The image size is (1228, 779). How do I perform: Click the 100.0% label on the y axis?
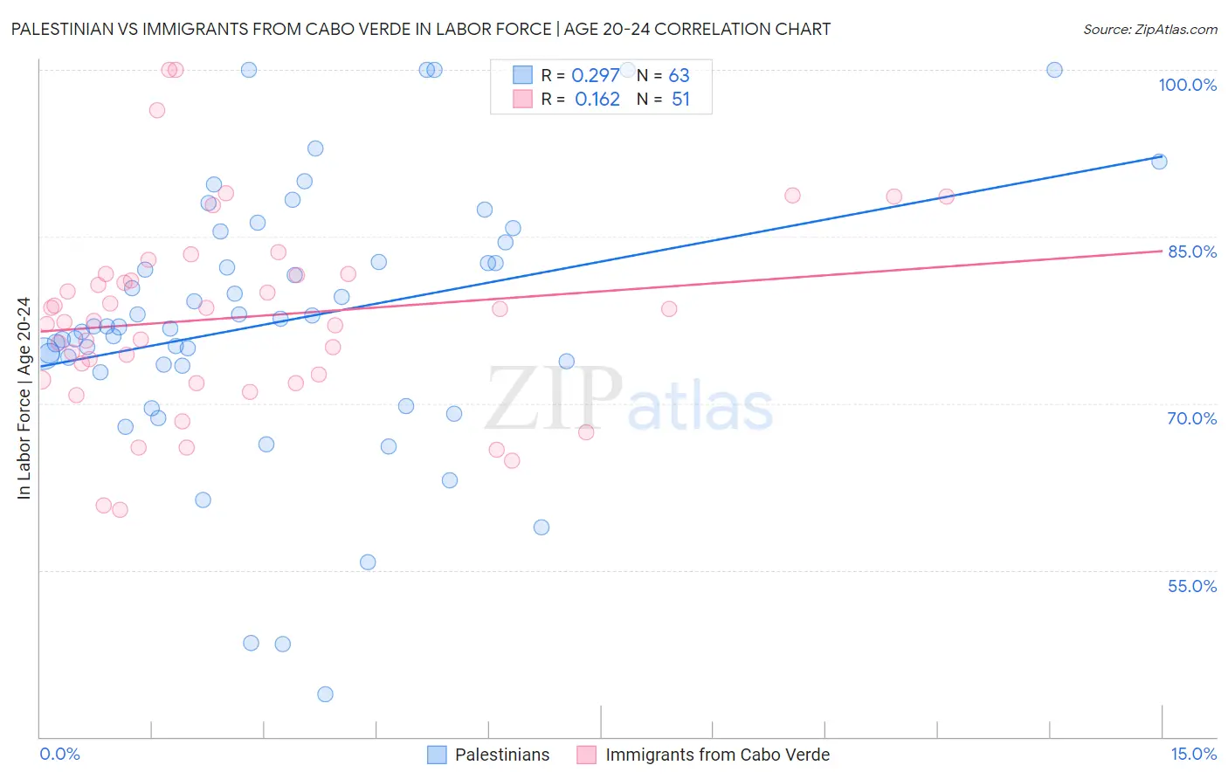point(1187,85)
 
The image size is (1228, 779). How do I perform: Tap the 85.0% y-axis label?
point(1192,252)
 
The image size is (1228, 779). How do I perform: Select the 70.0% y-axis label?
point(1192,418)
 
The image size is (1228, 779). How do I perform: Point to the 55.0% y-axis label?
point(1192,586)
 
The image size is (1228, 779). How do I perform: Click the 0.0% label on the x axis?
point(59,755)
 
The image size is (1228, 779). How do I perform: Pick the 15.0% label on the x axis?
point(1193,755)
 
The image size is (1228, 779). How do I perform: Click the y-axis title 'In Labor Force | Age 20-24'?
point(24,398)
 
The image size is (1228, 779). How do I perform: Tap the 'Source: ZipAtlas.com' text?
point(1149,29)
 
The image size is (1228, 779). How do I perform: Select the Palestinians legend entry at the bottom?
point(489,755)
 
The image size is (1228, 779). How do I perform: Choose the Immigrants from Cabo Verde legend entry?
point(704,755)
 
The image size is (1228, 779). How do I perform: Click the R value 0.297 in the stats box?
point(595,76)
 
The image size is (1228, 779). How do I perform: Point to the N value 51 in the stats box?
point(680,100)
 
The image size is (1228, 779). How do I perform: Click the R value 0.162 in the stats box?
point(597,100)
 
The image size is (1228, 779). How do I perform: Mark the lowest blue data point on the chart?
point(325,694)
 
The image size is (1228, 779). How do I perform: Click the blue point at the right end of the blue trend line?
point(1159,162)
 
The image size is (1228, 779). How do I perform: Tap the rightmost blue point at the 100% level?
point(1054,70)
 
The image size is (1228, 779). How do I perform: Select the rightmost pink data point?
point(946,196)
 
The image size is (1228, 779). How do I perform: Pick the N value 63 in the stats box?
point(679,76)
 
